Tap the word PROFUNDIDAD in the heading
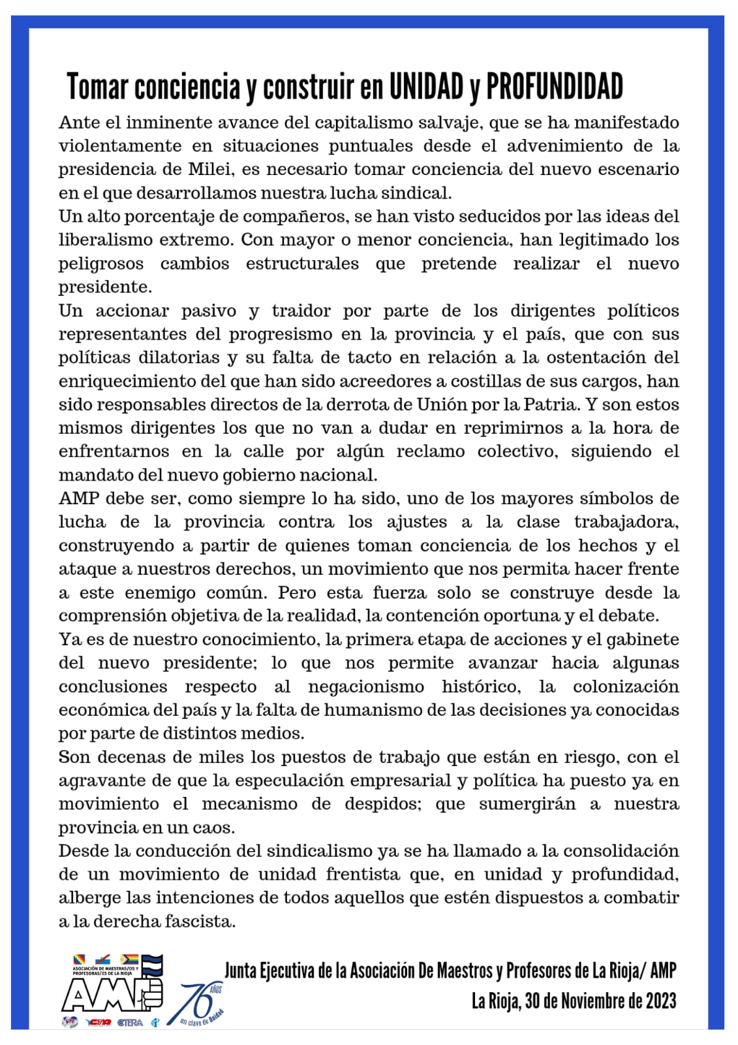[x=555, y=87]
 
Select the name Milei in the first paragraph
[x=211, y=169]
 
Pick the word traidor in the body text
[x=301, y=310]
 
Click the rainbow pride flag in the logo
[x=128, y=959]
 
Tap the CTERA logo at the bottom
[x=131, y=1022]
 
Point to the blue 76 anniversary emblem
[x=199, y=1003]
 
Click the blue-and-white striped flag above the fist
[x=152, y=963]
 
